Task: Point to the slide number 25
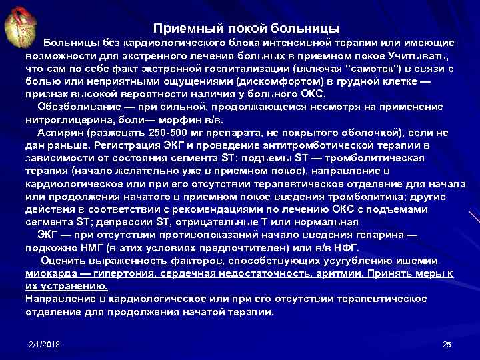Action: click(447, 344)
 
